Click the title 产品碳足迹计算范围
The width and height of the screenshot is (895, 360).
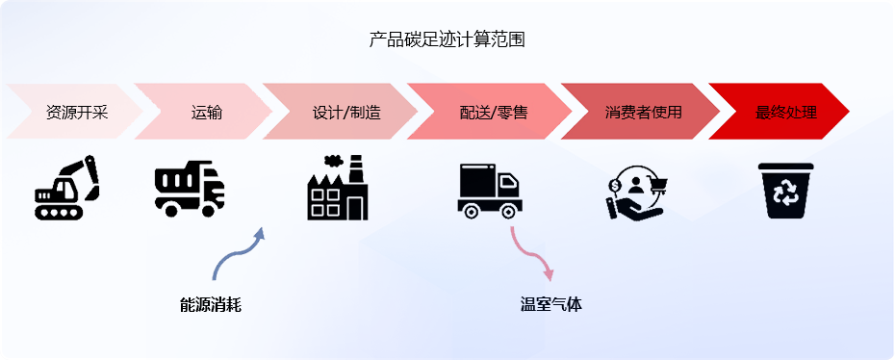[447, 39]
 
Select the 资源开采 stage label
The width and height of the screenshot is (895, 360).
[77, 112]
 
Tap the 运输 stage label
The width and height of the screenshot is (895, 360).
[207, 112]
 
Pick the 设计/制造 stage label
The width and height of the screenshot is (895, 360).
[346, 112]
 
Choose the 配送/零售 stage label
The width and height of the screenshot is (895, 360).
[494, 112]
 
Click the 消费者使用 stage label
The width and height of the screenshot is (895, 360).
[643, 112]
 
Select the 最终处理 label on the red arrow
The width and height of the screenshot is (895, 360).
[786, 112]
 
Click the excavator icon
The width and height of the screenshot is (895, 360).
[66, 188]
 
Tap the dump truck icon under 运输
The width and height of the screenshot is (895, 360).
[190, 189]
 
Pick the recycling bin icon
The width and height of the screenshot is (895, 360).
[786, 191]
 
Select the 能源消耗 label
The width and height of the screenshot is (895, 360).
[211, 305]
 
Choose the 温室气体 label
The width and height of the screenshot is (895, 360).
[550, 305]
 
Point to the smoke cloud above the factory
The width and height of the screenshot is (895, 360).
[334, 161]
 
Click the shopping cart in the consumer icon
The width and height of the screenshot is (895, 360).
[657, 184]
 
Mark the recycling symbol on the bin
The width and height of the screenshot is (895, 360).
[785, 192]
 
